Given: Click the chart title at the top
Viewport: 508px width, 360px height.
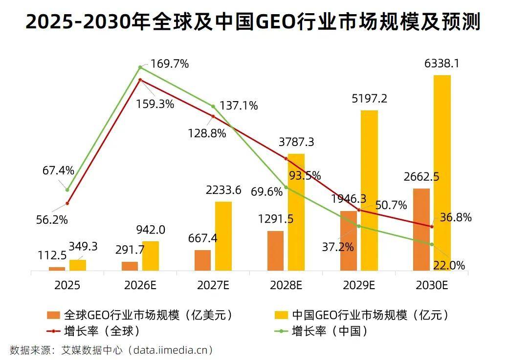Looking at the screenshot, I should (253, 22).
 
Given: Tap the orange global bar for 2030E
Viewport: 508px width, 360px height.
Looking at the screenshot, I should (421, 229).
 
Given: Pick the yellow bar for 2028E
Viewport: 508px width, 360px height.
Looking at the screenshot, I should (296, 212).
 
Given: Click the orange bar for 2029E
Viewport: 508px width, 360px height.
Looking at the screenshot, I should (349, 240).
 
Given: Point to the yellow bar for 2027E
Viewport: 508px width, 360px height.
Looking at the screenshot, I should (223, 236).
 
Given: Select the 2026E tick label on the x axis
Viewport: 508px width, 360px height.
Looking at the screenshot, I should (140, 285).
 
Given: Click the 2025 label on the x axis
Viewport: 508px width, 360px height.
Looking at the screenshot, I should (67, 285).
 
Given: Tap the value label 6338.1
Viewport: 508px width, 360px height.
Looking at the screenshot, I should (442, 64).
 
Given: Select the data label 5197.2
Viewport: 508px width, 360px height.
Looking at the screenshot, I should (369, 99).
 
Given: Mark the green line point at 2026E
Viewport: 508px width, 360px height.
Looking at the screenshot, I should (140, 67).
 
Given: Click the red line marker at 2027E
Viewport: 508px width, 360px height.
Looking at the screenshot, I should (213, 116).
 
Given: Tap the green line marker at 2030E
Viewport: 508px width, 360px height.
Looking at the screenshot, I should (432, 244).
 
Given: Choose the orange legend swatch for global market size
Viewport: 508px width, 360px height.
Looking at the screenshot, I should (53, 315).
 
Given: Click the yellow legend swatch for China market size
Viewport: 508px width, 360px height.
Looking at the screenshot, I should (281, 315).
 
